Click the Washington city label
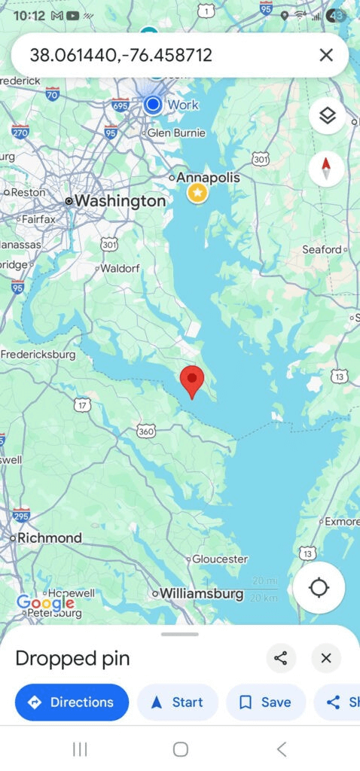[x=119, y=201]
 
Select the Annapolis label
[x=208, y=178]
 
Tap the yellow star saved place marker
[x=197, y=194]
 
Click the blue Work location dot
[x=153, y=104]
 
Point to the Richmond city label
[x=49, y=538]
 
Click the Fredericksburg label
[x=39, y=354]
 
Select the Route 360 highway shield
[x=146, y=431]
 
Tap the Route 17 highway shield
[x=82, y=405]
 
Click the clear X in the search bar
[x=326, y=55]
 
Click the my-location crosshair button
[x=319, y=587]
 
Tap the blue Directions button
[x=72, y=702]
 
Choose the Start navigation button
[x=178, y=702]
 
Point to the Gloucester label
[x=219, y=559]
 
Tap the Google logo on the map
[x=45, y=602]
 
